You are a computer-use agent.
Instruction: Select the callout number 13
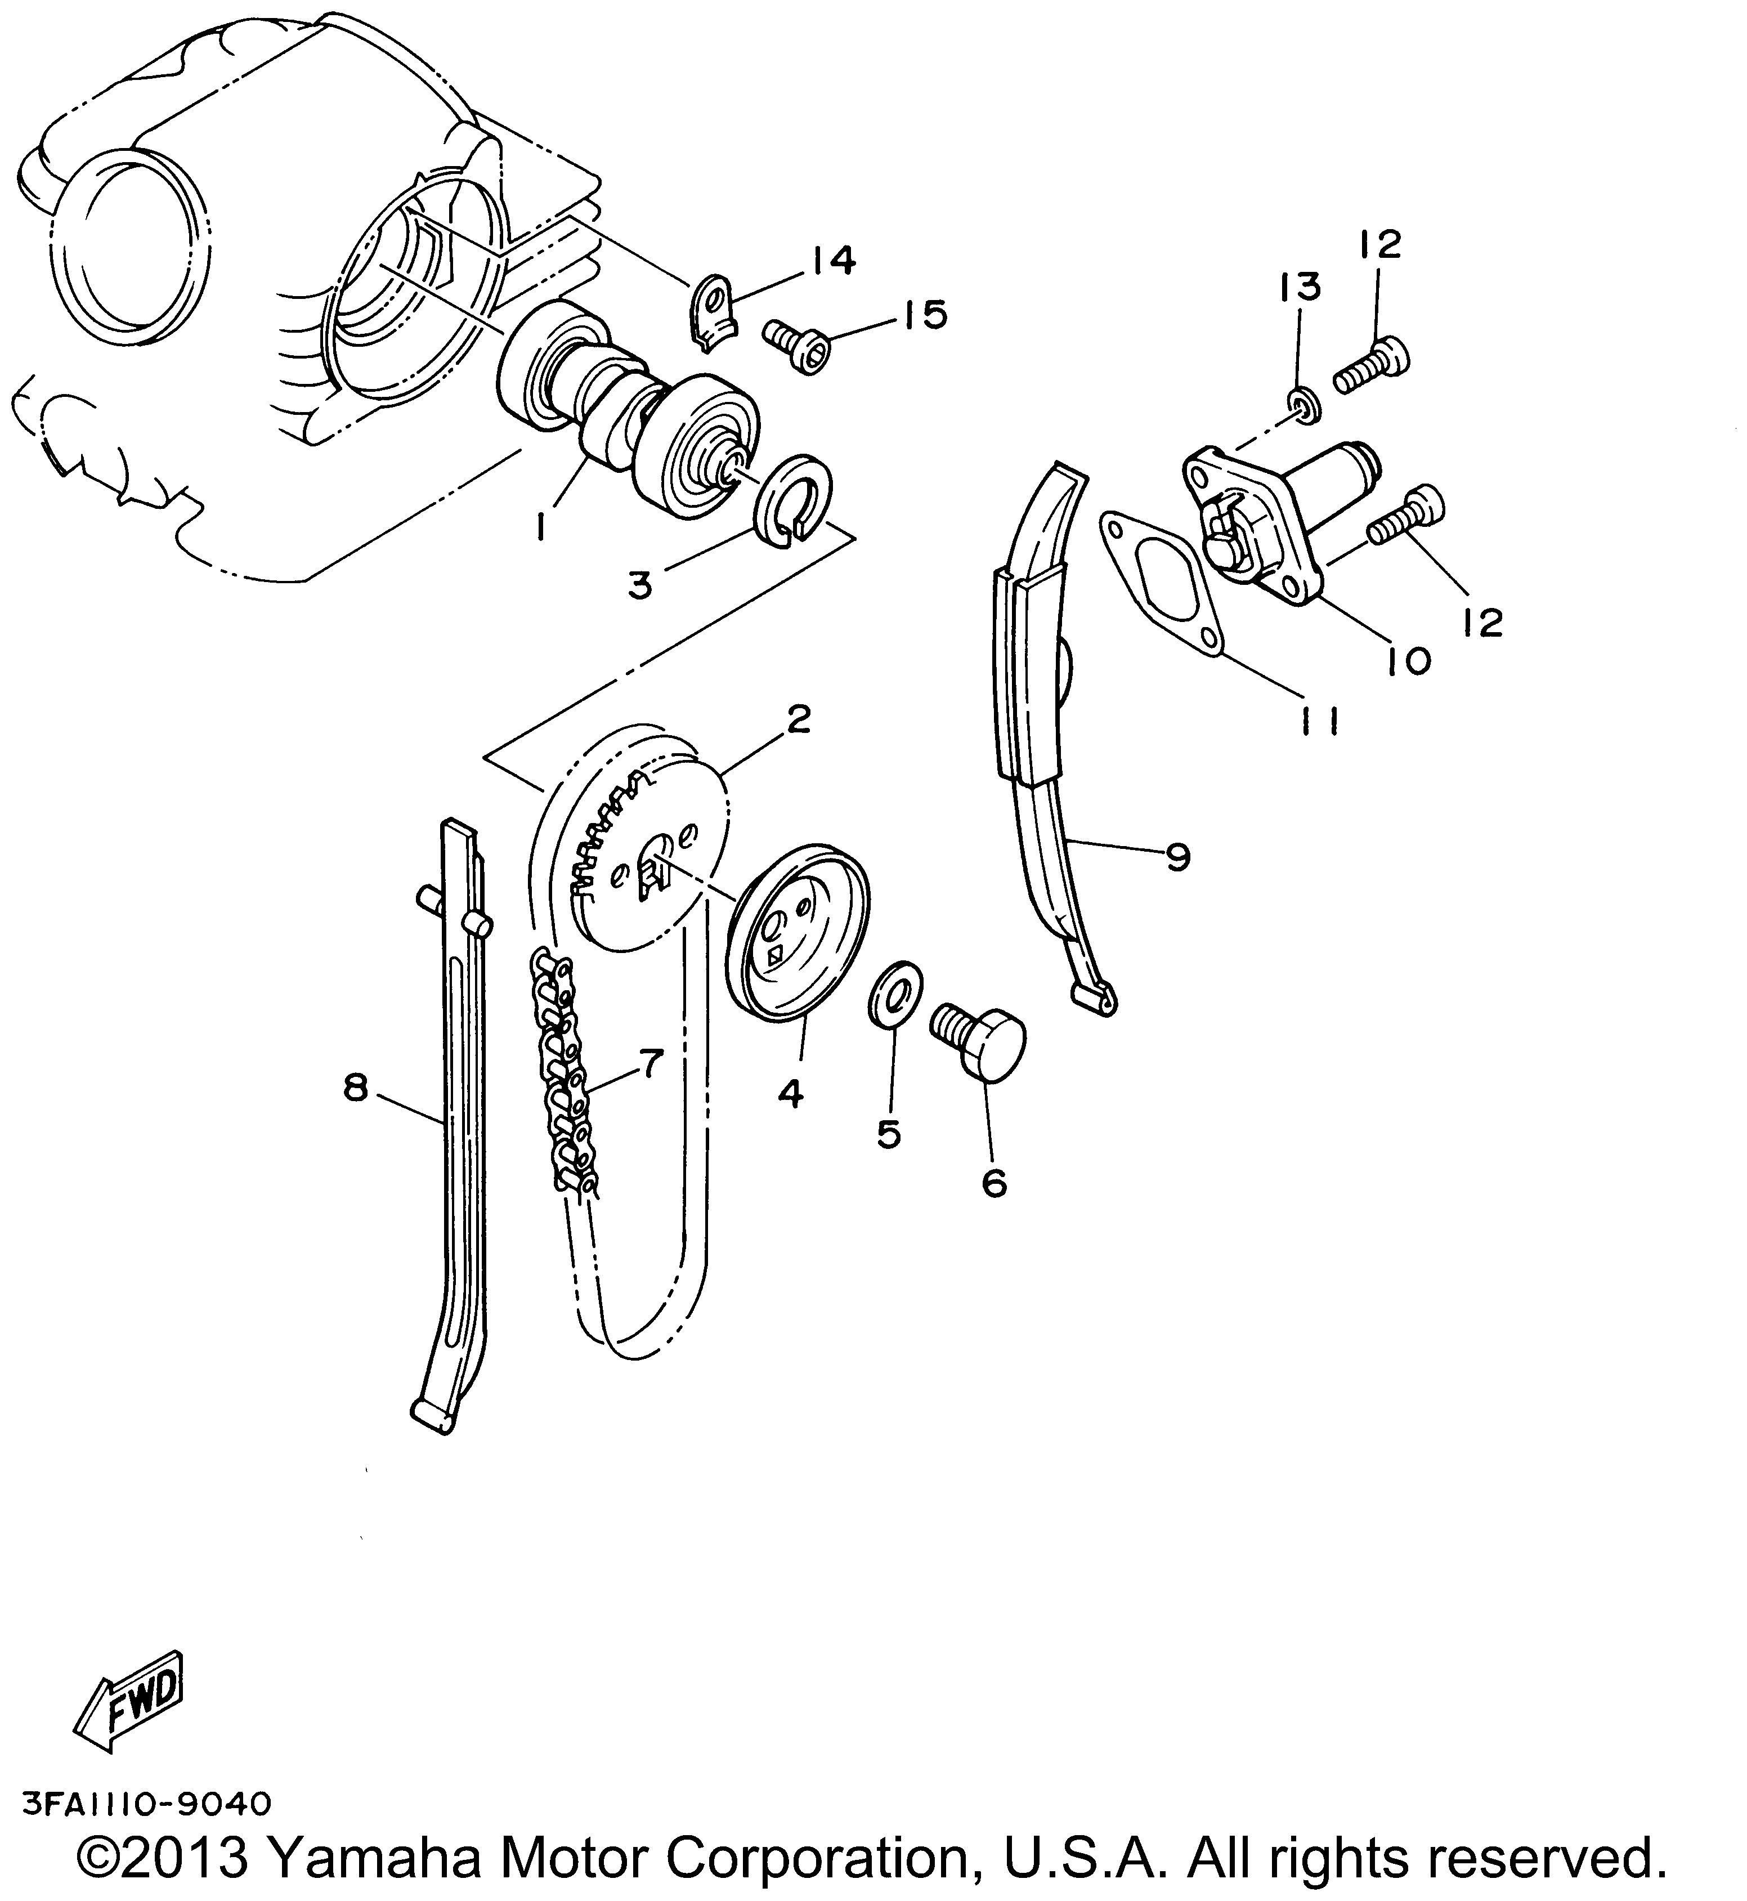coord(1300,287)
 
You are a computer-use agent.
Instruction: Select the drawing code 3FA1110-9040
coord(146,1804)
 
